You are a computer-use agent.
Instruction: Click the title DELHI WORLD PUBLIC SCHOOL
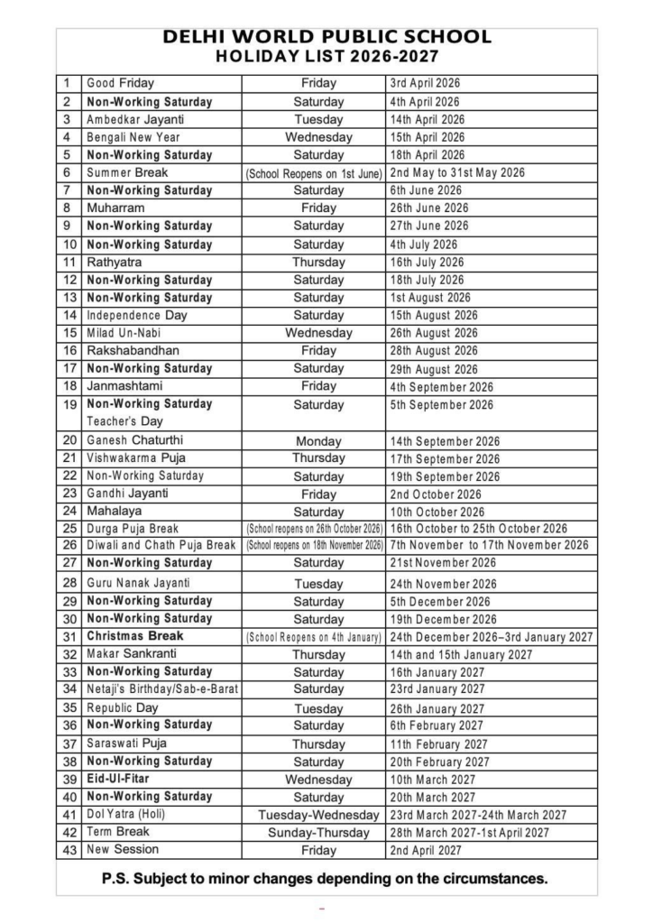click(326, 38)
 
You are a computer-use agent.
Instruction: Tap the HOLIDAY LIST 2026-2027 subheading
click(326, 57)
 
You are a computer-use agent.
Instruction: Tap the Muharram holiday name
click(115, 208)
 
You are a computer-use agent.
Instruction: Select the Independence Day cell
click(137, 315)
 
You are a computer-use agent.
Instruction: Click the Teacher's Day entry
click(124, 421)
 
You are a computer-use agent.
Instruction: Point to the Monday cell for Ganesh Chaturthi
click(318, 441)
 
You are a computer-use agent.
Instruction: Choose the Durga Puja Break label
click(133, 529)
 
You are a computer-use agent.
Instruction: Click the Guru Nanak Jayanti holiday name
click(138, 583)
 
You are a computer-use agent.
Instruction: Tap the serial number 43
click(69, 849)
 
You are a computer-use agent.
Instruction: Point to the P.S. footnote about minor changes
click(326, 877)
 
